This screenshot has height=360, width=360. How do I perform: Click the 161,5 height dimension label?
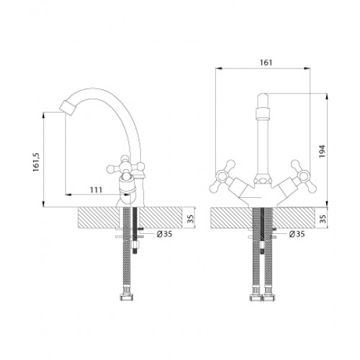coord(37,162)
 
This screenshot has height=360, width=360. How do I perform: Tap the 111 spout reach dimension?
coord(96,190)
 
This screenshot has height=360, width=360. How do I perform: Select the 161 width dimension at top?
coord(266,63)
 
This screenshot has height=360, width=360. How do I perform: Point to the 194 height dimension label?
coord(322,151)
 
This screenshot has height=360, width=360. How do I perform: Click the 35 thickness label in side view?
coord(190,218)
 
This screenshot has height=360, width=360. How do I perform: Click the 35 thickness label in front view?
coord(323,219)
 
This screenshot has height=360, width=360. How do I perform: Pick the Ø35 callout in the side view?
coord(165,234)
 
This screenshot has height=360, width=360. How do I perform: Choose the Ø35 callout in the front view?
coord(297,234)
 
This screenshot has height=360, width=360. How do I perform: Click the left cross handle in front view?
coord(222,176)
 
